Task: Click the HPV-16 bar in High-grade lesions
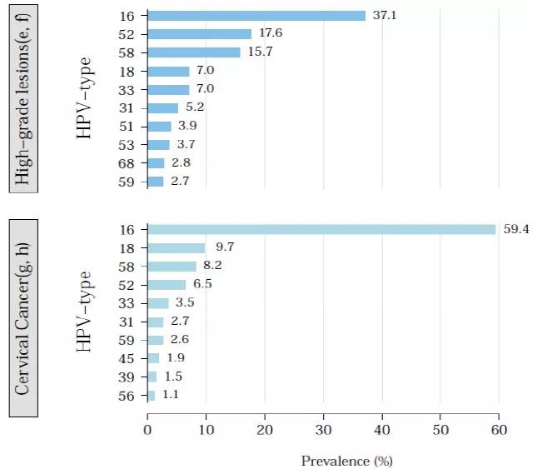coord(256,16)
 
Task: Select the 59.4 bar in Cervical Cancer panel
coord(321,229)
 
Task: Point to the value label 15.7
coord(256,52)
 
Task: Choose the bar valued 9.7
coord(177,247)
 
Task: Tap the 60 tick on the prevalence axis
coord(499,431)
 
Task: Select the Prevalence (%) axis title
coord(346,460)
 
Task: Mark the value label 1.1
coord(170,396)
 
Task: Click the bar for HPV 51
coord(159,126)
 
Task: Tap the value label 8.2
coord(211,266)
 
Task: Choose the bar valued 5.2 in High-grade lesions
coord(163,107)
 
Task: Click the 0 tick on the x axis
coord(147,431)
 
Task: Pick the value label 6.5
coord(201,284)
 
